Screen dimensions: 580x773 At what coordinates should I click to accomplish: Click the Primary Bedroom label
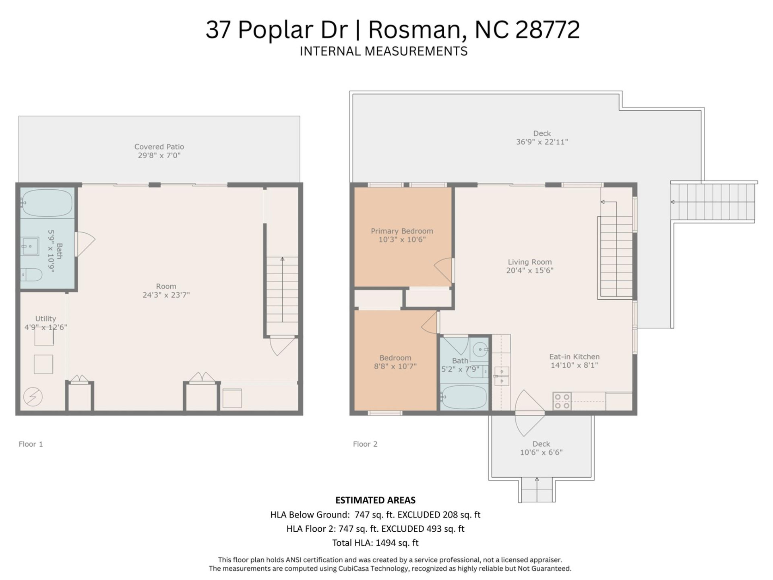pos(402,231)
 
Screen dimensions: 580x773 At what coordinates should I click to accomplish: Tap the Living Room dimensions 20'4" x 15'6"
pos(529,271)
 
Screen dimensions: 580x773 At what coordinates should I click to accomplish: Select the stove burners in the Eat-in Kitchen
pos(562,402)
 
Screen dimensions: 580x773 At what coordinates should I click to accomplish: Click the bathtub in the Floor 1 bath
pos(47,203)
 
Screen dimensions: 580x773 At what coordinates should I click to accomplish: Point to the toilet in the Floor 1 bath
pos(31,275)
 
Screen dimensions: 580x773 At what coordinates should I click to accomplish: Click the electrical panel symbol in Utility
pos(33,397)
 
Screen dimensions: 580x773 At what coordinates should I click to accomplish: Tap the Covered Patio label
pos(159,147)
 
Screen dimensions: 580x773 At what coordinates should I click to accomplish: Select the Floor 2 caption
pos(365,444)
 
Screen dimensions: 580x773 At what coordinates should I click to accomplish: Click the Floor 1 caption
pos(31,444)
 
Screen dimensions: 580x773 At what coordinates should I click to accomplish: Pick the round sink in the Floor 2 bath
pos(480,349)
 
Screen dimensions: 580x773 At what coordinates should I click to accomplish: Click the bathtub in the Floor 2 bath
pos(464,397)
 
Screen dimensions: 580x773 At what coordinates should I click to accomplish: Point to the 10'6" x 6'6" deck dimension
pos(541,452)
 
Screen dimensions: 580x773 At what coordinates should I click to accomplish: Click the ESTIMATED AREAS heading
pos(375,500)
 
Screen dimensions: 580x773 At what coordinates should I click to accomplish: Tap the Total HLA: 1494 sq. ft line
pos(375,543)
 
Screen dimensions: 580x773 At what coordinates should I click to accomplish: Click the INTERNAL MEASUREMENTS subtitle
pos(383,51)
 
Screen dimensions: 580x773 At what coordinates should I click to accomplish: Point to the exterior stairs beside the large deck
pos(713,201)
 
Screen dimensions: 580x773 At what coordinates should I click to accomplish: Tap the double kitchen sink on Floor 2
pos(502,376)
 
